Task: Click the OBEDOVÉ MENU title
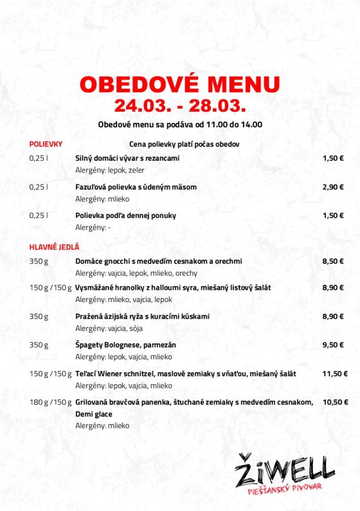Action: [179, 85]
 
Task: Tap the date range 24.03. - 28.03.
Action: [179, 105]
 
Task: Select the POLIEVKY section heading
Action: [46, 144]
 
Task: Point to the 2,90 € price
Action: [333, 186]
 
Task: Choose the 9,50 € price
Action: [333, 345]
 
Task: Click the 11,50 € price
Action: [334, 373]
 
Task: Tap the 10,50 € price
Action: [334, 402]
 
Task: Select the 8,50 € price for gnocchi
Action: [333, 261]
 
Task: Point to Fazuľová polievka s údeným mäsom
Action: [136, 186]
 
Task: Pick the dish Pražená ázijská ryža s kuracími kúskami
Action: [142, 316]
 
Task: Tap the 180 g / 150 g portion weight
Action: [50, 402]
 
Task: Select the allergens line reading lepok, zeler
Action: [110, 170]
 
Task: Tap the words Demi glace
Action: [94, 414]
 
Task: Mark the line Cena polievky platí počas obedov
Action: [184, 144]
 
